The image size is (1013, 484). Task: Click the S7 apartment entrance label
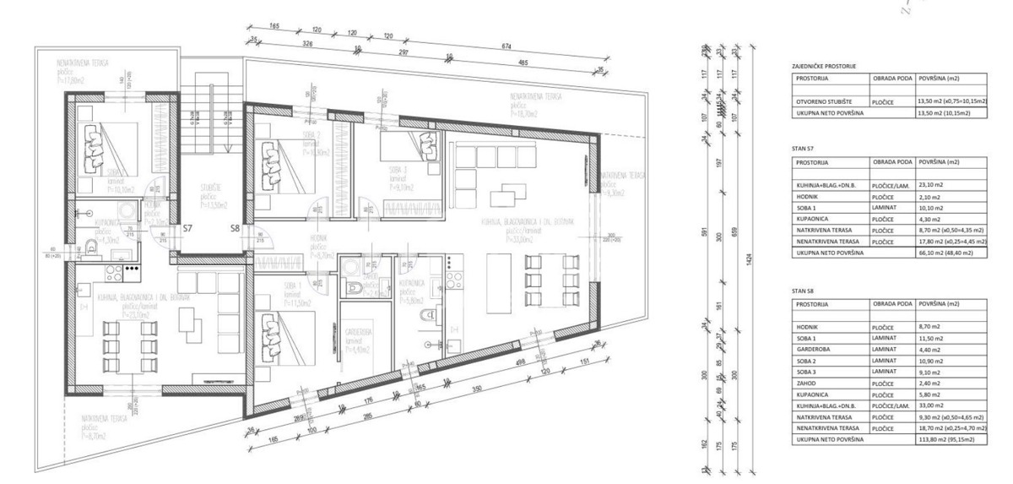(188, 228)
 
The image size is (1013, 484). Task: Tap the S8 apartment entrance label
(236, 228)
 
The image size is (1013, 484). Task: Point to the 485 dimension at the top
(523, 63)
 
